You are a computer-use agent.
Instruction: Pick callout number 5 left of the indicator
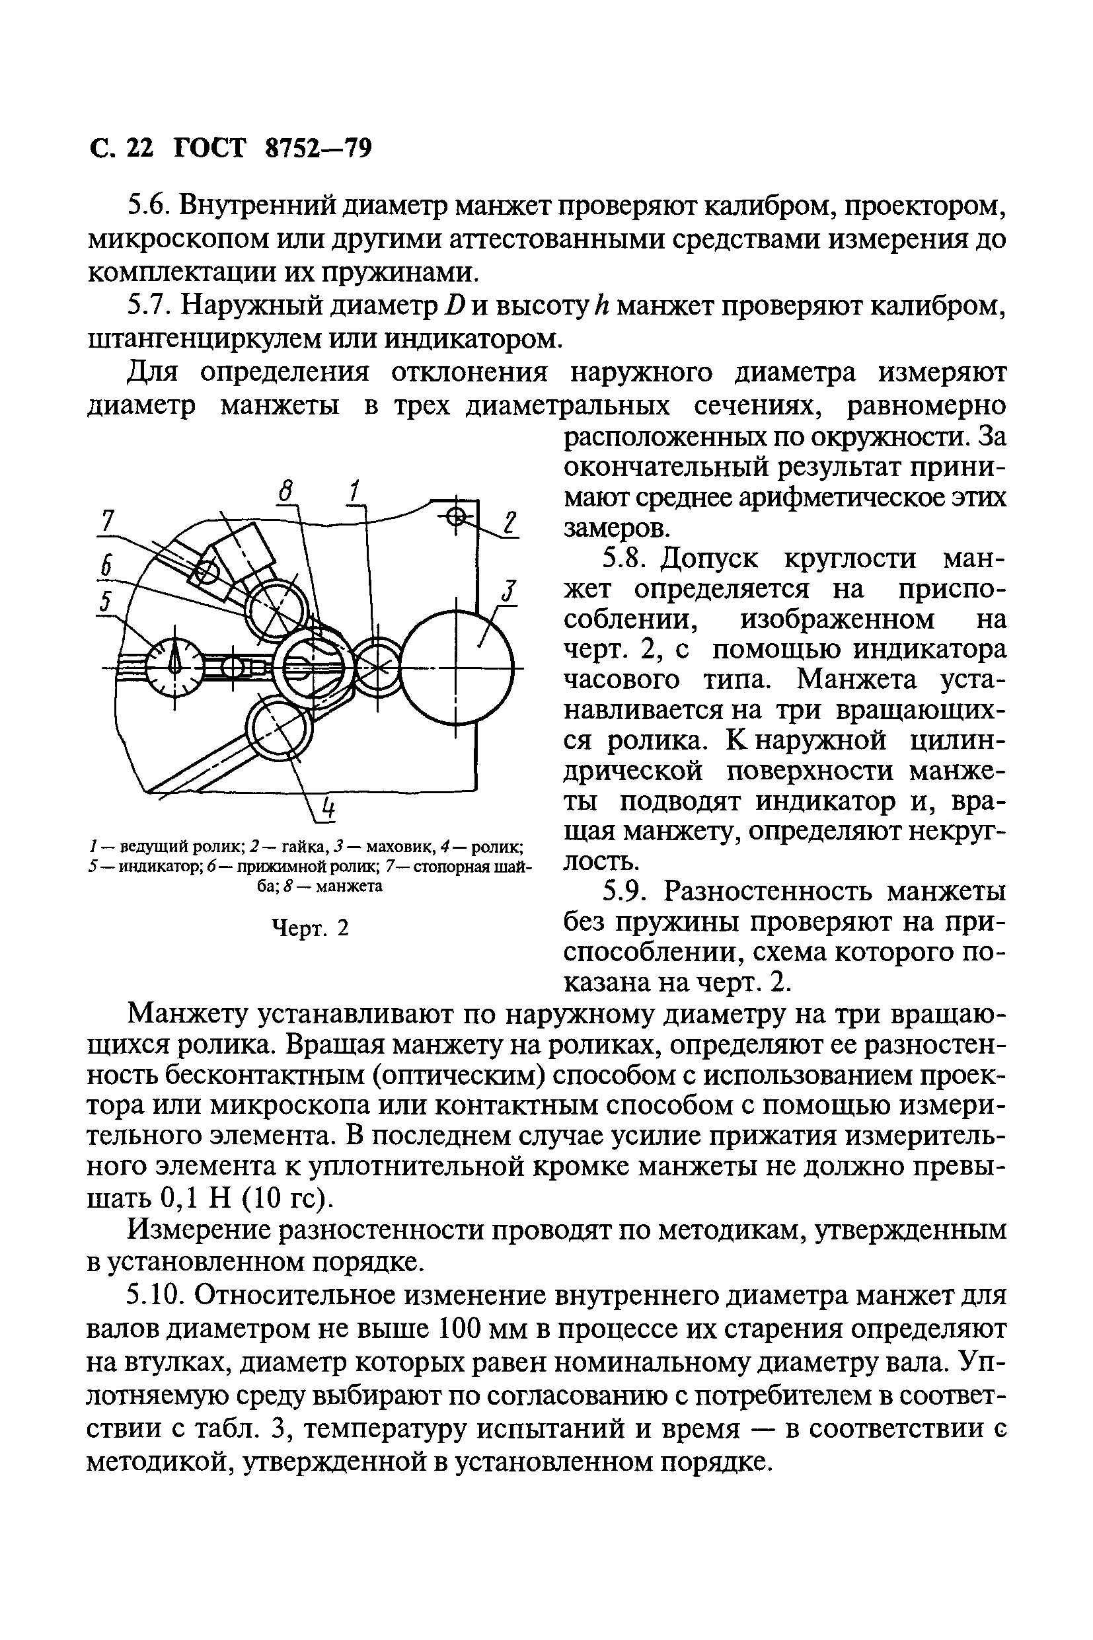click(x=105, y=600)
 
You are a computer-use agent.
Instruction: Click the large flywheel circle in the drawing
click(x=457, y=666)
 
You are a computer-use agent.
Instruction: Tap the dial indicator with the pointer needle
click(x=174, y=666)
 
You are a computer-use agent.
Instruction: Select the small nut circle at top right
click(x=455, y=517)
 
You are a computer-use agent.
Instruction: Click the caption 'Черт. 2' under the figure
click(x=309, y=928)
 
